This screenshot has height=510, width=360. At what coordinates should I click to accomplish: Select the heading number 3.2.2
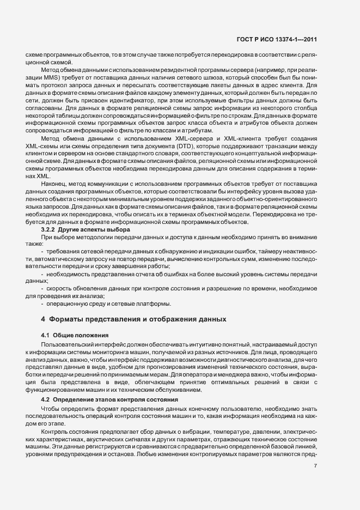pyautogui.click(x=51, y=230)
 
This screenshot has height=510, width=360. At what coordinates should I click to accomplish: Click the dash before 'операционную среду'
pyautogui.click(x=43, y=303)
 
